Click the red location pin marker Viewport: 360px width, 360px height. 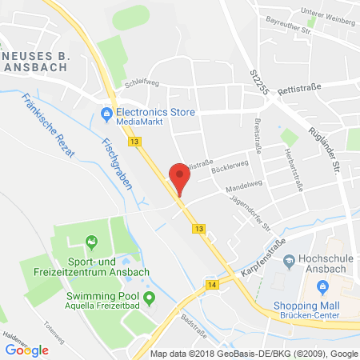coord(180,176)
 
